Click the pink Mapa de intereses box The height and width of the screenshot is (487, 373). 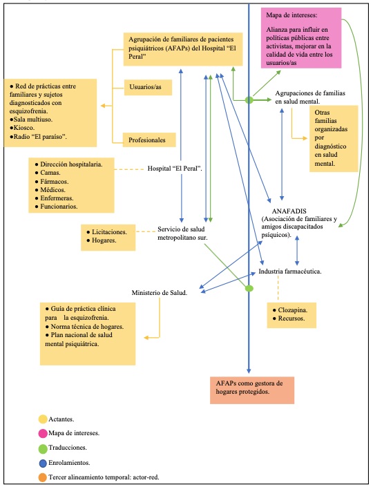pos(301,38)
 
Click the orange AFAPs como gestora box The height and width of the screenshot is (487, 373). pos(251,387)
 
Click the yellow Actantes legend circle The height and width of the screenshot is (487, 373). pos(42,419)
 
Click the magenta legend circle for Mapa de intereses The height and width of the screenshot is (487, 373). pos(42,433)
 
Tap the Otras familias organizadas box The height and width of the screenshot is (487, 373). pos(335,138)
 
